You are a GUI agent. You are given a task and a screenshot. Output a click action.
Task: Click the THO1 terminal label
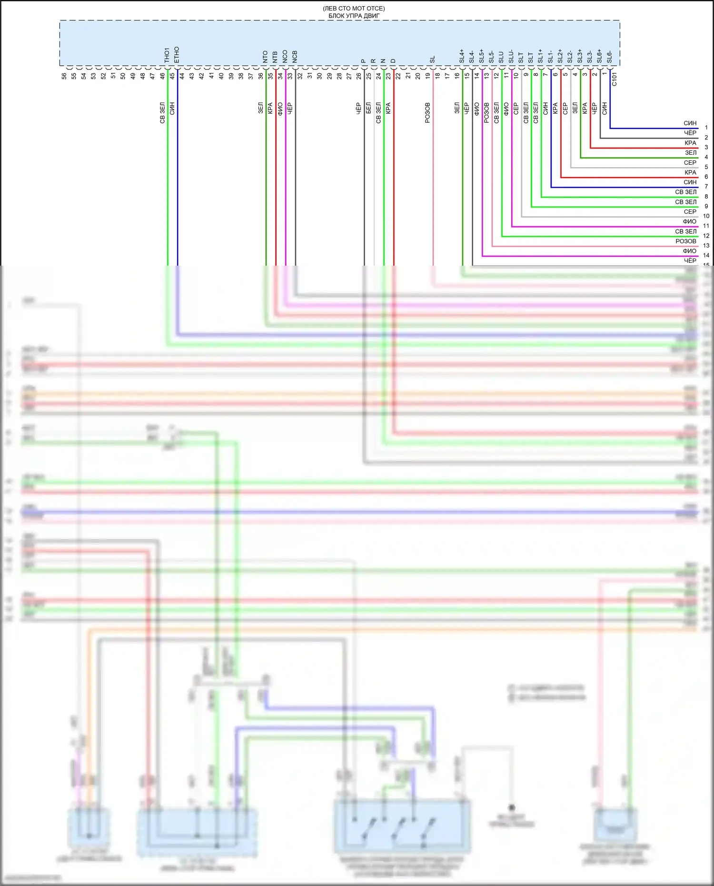tap(167, 55)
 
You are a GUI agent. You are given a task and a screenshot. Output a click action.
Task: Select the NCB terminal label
tap(295, 57)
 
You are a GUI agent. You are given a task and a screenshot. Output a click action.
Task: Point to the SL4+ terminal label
tap(462, 56)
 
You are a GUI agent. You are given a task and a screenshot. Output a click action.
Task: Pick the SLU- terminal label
tap(511, 56)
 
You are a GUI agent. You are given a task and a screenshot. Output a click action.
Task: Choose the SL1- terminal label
tap(551, 57)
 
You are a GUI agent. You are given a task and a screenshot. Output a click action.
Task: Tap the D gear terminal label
tap(393, 61)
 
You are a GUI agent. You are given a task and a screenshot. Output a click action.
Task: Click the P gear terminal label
tap(364, 61)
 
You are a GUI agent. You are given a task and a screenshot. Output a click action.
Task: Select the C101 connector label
tap(615, 79)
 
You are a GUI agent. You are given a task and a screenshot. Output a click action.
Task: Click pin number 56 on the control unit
tap(64, 76)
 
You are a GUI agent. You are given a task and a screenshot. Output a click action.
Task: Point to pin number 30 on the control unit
tap(319, 76)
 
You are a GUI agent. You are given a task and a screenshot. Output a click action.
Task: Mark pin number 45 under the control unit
tap(172, 76)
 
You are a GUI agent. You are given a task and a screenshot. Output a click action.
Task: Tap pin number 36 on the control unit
tap(261, 76)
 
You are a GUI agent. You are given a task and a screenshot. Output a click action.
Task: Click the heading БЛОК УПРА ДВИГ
tap(354, 16)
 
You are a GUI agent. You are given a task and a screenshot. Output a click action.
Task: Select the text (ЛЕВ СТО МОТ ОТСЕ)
tap(354, 9)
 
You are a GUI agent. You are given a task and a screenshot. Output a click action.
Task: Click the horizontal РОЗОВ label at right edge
tap(686, 241)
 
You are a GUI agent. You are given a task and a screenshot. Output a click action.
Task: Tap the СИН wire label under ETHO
tap(172, 109)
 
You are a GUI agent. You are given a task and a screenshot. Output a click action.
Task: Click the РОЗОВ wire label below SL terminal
tap(427, 113)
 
